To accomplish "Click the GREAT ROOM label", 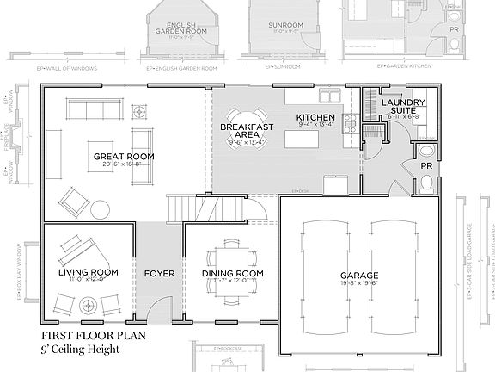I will [x=124, y=156].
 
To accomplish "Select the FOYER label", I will [x=159, y=274].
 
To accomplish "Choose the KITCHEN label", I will [x=315, y=117].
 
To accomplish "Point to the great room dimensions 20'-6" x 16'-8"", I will [x=124, y=164].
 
